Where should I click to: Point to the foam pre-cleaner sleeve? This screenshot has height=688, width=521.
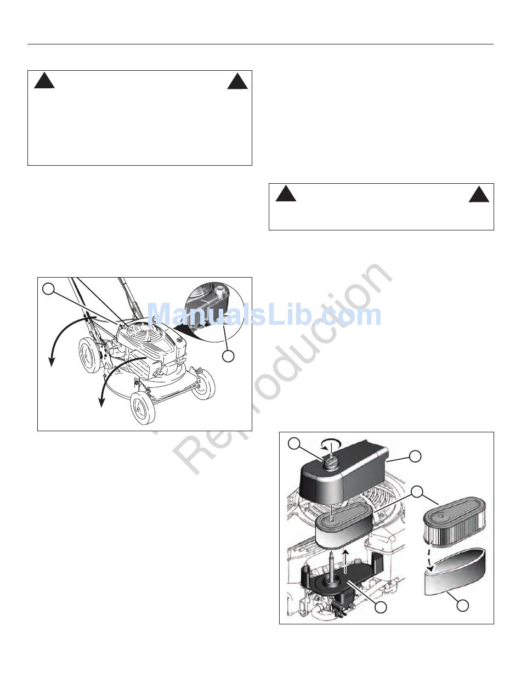455,573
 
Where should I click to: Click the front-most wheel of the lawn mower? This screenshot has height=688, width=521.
143,408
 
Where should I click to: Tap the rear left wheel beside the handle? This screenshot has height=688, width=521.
89,355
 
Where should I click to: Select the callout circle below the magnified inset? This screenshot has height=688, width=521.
228,356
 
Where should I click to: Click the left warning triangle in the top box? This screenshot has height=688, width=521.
44,81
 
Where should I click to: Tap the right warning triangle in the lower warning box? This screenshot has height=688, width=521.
479,194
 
